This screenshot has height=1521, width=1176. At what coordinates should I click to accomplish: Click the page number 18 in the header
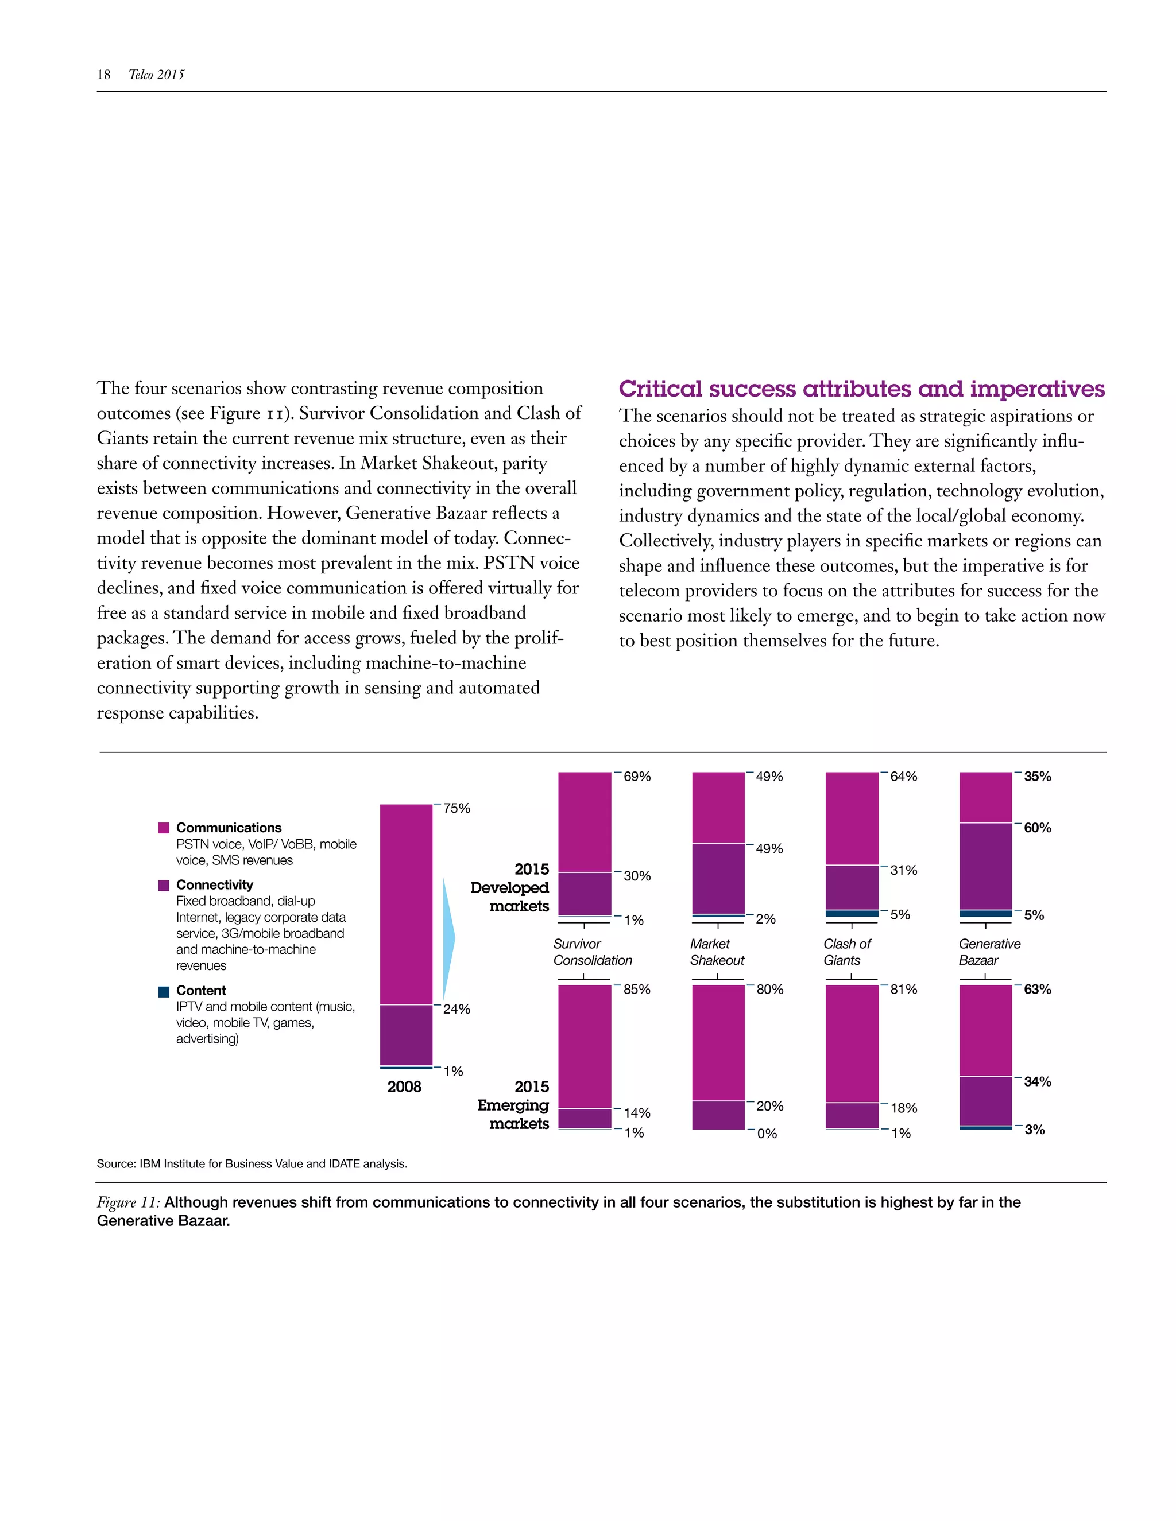point(104,75)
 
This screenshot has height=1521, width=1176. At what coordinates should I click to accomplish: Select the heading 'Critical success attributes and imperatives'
point(862,389)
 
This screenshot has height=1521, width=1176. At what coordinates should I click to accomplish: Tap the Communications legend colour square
point(164,828)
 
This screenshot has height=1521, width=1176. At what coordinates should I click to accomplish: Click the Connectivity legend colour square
point(164,885)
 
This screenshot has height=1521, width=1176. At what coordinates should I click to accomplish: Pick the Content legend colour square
point(164,991)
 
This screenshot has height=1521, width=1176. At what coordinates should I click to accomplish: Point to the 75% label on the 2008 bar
point(457,808)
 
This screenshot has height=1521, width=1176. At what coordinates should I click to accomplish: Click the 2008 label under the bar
point(404,1087)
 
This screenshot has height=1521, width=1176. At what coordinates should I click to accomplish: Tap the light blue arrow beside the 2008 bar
point(448,938)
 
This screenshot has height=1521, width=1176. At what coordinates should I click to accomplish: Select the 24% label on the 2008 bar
point(457,1009)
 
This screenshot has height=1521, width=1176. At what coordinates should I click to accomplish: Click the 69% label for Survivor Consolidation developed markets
point(637,777)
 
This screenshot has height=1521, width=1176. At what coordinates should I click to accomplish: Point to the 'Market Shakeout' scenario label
point(717,952)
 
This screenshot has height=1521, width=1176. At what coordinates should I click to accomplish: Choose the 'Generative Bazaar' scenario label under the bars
point(989,952)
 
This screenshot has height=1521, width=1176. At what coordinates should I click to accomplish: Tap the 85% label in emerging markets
point(637,990)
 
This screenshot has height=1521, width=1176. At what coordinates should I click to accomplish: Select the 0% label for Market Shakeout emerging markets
point(767,1134)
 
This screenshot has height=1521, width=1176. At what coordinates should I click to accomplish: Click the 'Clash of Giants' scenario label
point(846,952)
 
